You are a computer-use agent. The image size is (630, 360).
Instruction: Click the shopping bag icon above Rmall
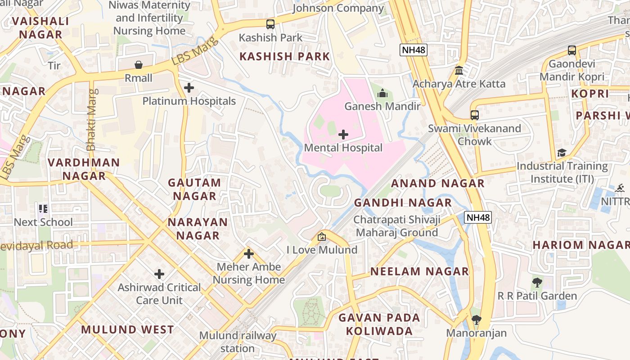pos(139,65)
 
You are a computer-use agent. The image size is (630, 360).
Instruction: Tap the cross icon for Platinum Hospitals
pos(189,88)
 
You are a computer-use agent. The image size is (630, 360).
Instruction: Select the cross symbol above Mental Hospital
pos(343,135)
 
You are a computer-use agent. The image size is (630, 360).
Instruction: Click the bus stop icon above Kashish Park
pos(270,24)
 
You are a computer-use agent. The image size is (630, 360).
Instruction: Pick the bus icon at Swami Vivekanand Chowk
pos(475,115)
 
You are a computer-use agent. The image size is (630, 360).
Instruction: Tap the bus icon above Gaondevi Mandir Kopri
pos(572,50)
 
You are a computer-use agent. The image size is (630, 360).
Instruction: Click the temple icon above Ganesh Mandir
pos(382,93)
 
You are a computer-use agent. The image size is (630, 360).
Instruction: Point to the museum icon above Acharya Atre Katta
pos(459,71)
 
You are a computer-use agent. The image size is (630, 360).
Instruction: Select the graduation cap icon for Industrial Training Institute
pos(562,153)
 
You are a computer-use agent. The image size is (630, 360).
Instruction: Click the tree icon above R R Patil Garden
pos(536,283)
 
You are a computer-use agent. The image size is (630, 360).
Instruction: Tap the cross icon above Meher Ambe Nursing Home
pos(249,254)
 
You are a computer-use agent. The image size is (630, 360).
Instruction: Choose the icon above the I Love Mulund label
pos(322,236)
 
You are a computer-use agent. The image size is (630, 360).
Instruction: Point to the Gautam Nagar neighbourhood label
pos(194,189)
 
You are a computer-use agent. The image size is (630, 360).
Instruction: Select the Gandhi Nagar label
pos(403,202)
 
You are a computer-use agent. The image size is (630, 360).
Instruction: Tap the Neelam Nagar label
pos(419,271)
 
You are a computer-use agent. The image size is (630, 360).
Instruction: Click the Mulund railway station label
pos(238,342)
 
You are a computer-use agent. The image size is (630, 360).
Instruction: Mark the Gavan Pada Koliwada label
pos(379,324)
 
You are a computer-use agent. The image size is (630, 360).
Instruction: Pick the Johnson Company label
pos(338,8)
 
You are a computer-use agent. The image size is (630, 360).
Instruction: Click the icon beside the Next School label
pos(43,209)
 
